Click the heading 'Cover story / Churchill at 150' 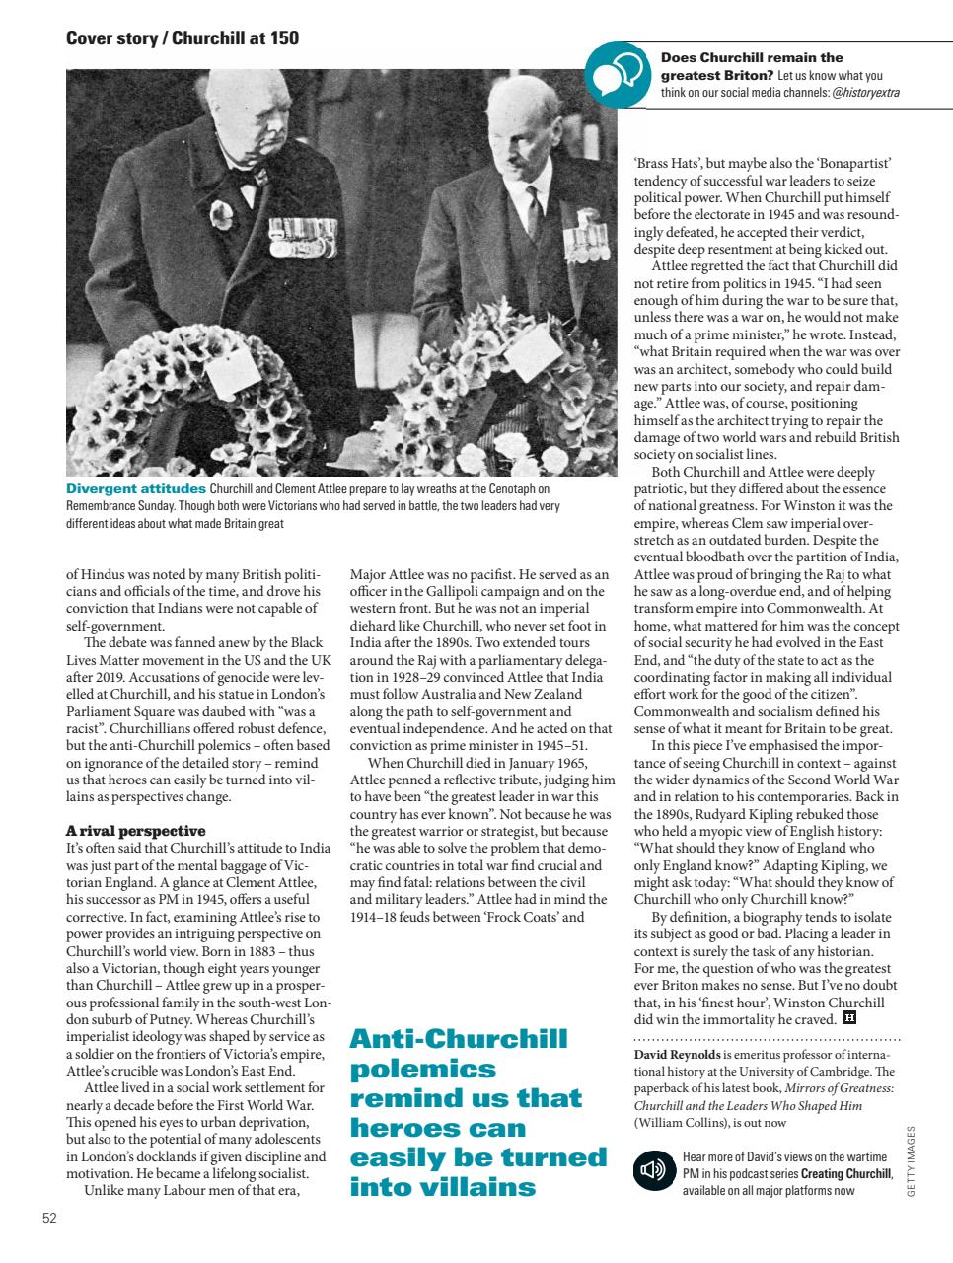click(x=182, y=38)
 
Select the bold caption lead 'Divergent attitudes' click(x=135, y=489)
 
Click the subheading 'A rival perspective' click(x=135, y=831)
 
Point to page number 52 click(x=49, y=1218)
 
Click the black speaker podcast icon click(x=652, y=1171)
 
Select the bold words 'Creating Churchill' click(x=845, y=1174)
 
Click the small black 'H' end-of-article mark click(x=849, y=1017)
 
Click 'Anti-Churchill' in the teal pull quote click(x=459, y=1039)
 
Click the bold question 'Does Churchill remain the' click(x=752, y=58)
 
